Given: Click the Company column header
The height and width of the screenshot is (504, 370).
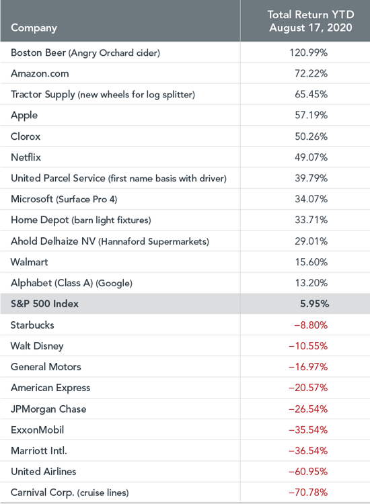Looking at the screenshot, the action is click(x=34, y=28).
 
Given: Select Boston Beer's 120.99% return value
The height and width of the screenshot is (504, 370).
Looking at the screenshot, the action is click(x=308, y=52).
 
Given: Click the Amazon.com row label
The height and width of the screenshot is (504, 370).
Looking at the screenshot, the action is click(x=40, y=73).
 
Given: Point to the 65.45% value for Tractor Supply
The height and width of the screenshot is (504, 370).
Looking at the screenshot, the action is click(x=311, y=94).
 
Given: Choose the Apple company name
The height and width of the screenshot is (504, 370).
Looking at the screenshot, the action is click(x=24, y=116).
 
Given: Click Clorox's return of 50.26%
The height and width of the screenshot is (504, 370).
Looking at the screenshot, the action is click(x=311, y=136).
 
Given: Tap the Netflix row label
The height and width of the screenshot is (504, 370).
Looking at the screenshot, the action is click(x=26, y=157).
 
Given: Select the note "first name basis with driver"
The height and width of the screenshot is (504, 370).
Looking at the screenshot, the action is click(x=168, y=178).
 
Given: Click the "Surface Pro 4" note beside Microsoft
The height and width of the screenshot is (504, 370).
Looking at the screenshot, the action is click(x=87, y=200).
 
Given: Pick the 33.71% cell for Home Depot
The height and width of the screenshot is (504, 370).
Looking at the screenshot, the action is click(x=311, y=220).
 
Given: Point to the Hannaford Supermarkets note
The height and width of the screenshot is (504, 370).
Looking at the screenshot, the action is click(x=154, y=241).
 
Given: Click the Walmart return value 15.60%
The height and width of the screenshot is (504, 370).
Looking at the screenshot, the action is click(x=311, y=262).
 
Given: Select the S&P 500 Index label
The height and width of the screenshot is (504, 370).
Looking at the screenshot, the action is click(x=44, y=304).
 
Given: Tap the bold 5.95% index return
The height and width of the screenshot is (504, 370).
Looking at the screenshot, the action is click(x=314, y=304).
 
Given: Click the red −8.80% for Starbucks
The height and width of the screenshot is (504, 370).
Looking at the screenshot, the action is click(x=311, y=325).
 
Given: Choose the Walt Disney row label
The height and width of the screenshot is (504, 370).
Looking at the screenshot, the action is click(x=37, y=346).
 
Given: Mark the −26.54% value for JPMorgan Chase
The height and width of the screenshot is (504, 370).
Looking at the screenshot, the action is click(x=308, y=409).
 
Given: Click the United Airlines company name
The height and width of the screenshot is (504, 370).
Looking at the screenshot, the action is click(x=44, y=472).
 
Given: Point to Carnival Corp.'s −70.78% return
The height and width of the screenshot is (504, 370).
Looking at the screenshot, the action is click(x=308, y=493).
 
